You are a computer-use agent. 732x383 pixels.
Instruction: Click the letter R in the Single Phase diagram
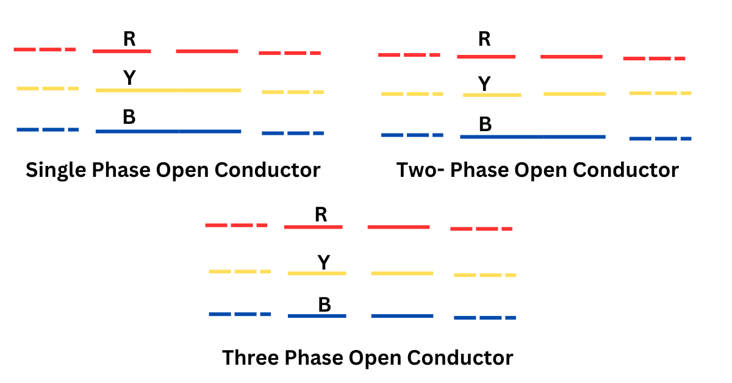click(x=129, y=39)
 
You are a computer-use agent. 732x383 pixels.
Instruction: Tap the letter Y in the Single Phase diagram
click(x=129, y=78)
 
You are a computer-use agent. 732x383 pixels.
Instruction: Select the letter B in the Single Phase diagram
click(x=129, y=118)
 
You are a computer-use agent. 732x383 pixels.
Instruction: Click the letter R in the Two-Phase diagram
click(x=484, y=39)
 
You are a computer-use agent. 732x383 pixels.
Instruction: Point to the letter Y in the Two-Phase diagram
click(x=484, y=84)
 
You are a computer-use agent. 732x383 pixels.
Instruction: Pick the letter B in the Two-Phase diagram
click(x=486, y=124)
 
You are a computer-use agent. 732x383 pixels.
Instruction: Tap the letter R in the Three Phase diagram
click(x=321, y=215)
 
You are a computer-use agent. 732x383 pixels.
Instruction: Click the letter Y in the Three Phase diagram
click(x=324, y=263)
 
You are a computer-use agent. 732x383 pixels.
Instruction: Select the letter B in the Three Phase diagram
click(x=325, y=304)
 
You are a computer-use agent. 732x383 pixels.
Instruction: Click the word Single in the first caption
click(x=57, y=170)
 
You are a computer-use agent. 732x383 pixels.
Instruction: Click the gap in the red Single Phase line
click(x=163, y=51)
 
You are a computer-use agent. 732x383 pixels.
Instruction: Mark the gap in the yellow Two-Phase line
click(x=533, y=95)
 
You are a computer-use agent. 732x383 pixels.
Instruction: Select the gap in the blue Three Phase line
click(x=359, y=316)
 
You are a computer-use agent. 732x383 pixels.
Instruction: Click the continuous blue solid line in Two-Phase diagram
click(x=533, y=137)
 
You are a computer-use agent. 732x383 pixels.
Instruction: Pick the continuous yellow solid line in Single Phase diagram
click(x=168, y=90)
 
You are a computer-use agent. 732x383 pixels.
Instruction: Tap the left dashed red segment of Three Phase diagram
click(x=236, y=226)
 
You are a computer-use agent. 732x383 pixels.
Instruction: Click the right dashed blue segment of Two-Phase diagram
click(x=660, y=139)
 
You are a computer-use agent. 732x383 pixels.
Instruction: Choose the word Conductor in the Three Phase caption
click(x=462, y=357)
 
